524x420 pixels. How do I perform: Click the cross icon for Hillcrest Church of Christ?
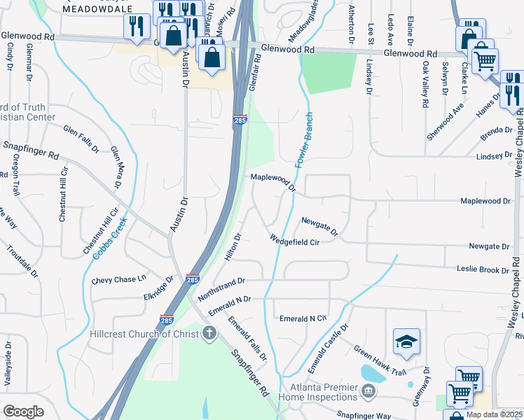pyautogui.click(x=208, y=334)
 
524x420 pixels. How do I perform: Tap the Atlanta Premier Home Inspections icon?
pyautogui.click(x=367, y=391)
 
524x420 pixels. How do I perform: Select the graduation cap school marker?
pyautogui.click(x=406, y=342)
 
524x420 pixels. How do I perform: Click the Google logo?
pyautogui.click(x=23, y=411)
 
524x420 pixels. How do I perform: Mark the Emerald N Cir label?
pyautogui.click(x=303, y=318)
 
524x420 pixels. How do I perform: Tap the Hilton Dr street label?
pyautogui.click(x=233, y=248)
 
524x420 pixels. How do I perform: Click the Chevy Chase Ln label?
pyautogui.click(x=118, y=280)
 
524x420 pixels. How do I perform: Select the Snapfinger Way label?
pyautogui.click(x=363, y=415)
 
